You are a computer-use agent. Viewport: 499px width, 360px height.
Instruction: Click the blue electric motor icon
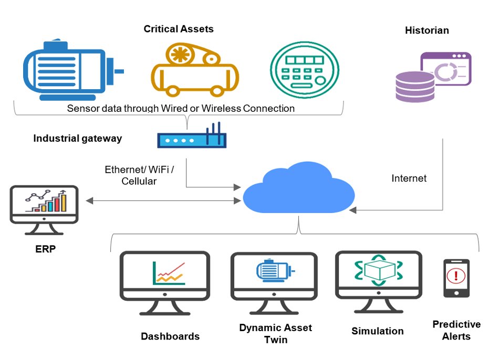click(71, 70)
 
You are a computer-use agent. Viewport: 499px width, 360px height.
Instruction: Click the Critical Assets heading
click(179, 29)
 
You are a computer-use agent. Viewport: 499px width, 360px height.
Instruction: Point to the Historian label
click(427, 30)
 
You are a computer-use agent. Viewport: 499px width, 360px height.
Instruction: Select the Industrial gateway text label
click(77, 139)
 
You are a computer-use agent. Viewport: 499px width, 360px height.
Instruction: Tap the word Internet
click(409, 178)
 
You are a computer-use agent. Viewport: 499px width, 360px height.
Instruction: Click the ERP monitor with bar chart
click(44, 205)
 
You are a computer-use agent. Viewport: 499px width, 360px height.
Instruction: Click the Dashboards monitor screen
click(165, 273)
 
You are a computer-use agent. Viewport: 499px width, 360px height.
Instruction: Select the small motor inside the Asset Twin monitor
click(274, 271)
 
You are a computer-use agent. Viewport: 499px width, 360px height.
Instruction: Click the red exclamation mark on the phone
click(456, 275)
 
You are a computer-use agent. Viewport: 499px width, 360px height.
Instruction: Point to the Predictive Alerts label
click(456, 330)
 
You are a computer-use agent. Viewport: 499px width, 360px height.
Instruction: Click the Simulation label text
click(377, 331)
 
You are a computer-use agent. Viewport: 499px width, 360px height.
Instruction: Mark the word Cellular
click(139, 181)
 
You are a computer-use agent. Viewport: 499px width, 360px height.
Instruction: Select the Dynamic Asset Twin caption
click(275, 334)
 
